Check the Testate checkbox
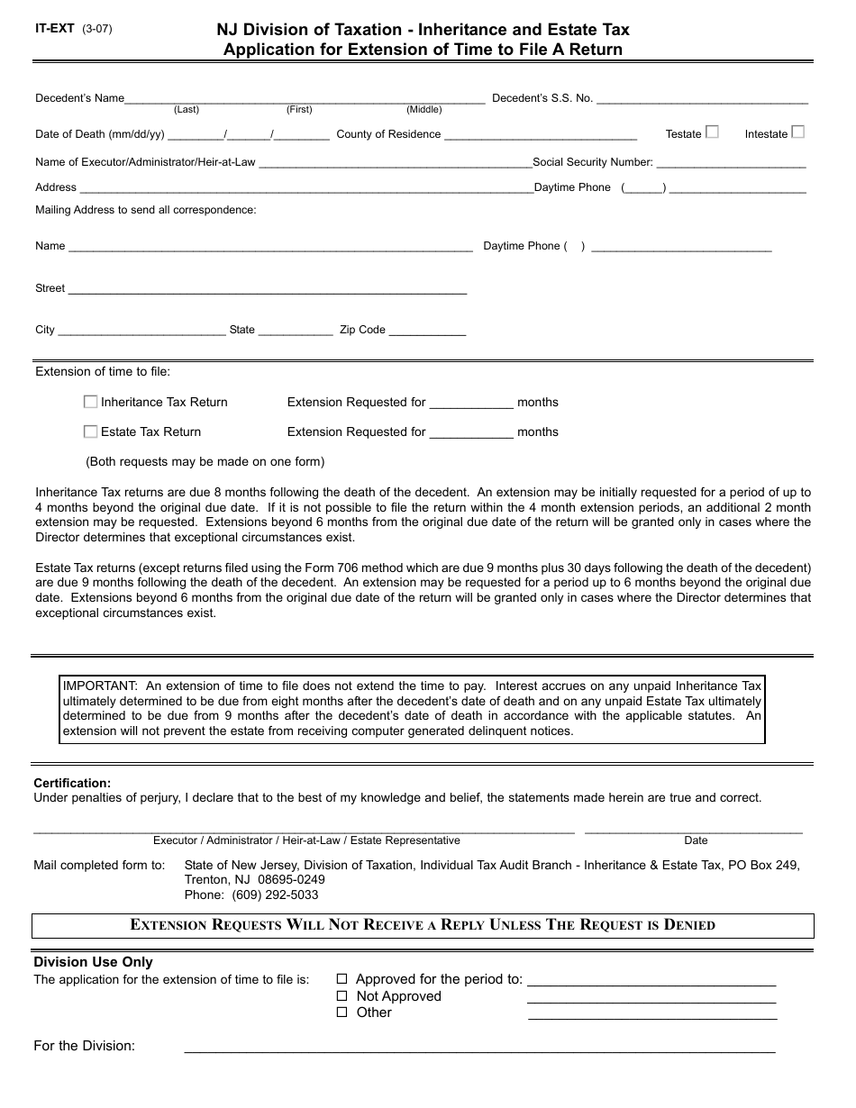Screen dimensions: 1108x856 point(712,132)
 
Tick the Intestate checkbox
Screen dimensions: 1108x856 point(797,132)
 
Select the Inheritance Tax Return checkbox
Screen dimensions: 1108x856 point(90,402)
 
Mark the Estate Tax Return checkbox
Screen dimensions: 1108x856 point(90,431)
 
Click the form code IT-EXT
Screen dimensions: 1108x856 point(55,29)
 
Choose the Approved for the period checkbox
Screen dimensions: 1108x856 point(341,979)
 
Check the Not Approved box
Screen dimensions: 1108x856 point(341,996)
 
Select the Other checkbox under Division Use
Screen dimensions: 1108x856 point(341,1013)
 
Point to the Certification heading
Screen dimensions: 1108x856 point(72,784)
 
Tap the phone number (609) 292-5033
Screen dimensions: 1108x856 point(274,895)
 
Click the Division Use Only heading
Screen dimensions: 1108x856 point(93,963)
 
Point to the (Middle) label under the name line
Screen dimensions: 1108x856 point(423,110)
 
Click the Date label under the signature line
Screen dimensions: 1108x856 point(696,840)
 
